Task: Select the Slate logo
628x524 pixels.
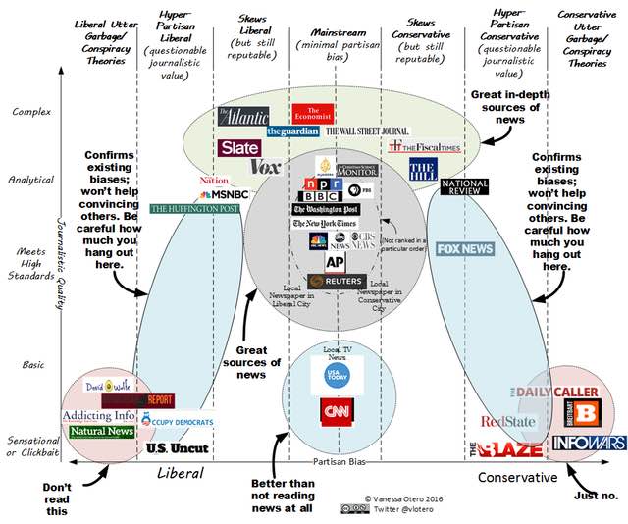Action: pos(239,147)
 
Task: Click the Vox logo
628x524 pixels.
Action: pos(265,167)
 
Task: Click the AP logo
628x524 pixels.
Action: pos(335,262)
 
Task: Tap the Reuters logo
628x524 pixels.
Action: pos(337,281)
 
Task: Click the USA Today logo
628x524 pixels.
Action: pos(337,379)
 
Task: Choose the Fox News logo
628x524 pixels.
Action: pos(464,249)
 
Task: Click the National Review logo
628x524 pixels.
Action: pos(465,187)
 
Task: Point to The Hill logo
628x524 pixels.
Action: pos(421,171)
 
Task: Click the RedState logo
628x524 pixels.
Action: pos(506,422)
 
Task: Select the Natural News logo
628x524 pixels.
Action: pos(102,432)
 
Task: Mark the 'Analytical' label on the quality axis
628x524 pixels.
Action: pos(29,179)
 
